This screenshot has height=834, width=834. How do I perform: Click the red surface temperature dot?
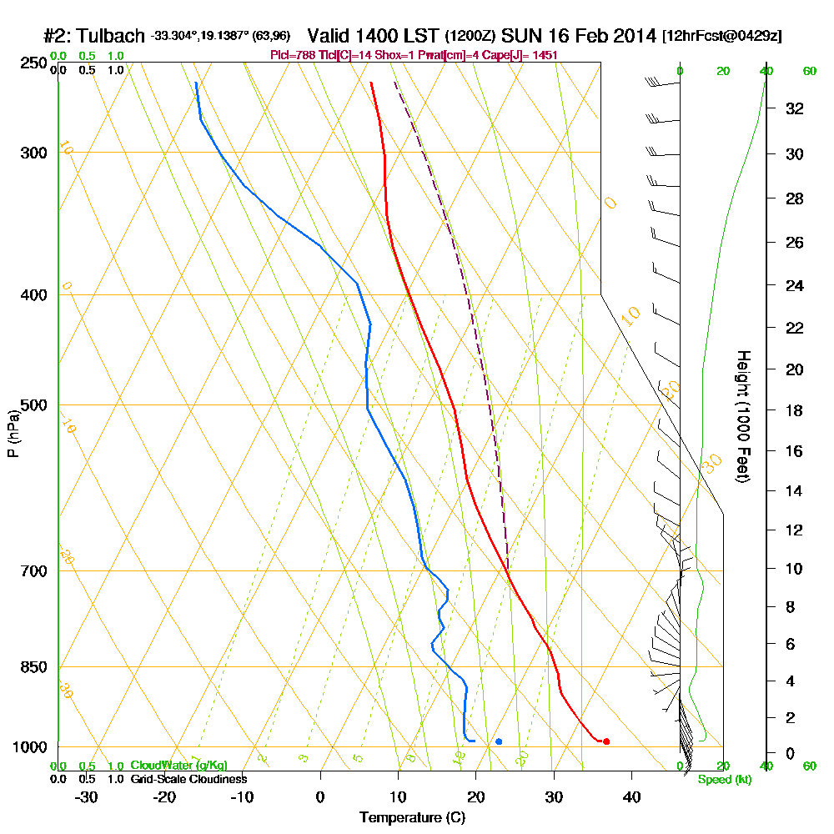(x=606, y=741)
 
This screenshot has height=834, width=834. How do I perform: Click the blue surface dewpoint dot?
(x=499, y=741)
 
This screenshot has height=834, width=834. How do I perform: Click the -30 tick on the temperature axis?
(x=87, y=796)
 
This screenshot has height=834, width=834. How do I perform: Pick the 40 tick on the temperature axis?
(x=631, y=796)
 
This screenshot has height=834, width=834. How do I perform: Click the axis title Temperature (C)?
(x=412, y=817)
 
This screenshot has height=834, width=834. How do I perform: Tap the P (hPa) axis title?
(x=13, y=433)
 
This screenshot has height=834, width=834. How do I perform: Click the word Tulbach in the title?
(x=112, y=37)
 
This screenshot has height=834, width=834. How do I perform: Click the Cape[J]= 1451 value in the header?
(x=523, y=55)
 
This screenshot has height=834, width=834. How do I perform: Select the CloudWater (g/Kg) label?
(x=178, y=766)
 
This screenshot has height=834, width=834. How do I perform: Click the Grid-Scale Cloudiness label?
(x=188, y=779)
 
